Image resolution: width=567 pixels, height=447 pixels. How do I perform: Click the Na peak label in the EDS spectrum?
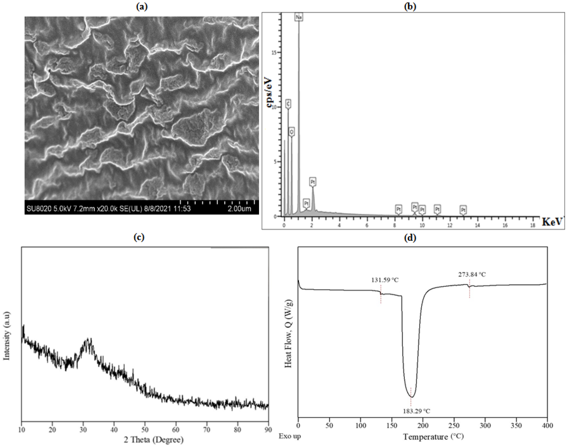[x=299, y=17]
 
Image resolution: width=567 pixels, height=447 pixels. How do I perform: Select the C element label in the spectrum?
[x=288, y=104]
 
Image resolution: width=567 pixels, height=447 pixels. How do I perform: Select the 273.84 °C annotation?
[x=472, y=275]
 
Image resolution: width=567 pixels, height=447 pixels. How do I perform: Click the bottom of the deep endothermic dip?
[x=412, y=397]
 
